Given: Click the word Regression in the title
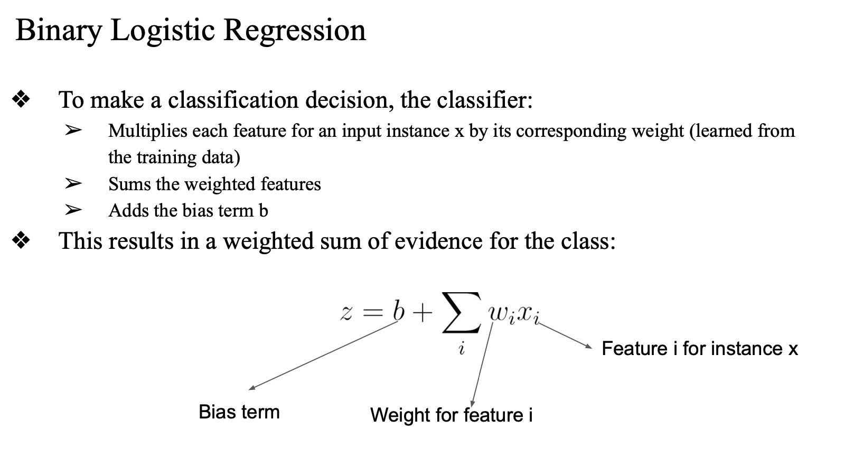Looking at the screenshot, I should pyautogui.click(x=294, y=31).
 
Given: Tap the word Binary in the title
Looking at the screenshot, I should pyautogui.click(x=58, y=31).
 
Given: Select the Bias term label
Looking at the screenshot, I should pyautogui.click(x=239, y=412).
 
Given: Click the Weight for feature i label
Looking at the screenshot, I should pyautogui.click(x=451, y=415).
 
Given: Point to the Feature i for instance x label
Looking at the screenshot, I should pyautogui.click(x=699, y=349).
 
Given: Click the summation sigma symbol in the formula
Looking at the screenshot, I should pyautogui.click(x=461, y=313).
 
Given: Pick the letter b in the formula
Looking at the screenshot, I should pyautogui.click(x=398, y=312).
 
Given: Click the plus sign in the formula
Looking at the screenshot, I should pyautogui.click(x=423, y=313).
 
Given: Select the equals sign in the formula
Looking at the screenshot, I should pyautogui.click(x=372, y=313).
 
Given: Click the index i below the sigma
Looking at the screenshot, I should pyautogui.click(x=462, y=349).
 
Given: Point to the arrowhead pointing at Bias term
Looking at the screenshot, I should pyautogui.click(x=252, y=388).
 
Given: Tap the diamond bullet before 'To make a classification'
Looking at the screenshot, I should pyautogui.click(x=21, y=100).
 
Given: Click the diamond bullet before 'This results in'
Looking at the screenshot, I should pyautogui.click(x=21, y=241).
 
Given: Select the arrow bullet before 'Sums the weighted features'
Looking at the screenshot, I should pyautogui.click(x=73, y=184).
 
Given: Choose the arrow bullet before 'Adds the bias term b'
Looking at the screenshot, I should pyautogui.click(x=73, y=210).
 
